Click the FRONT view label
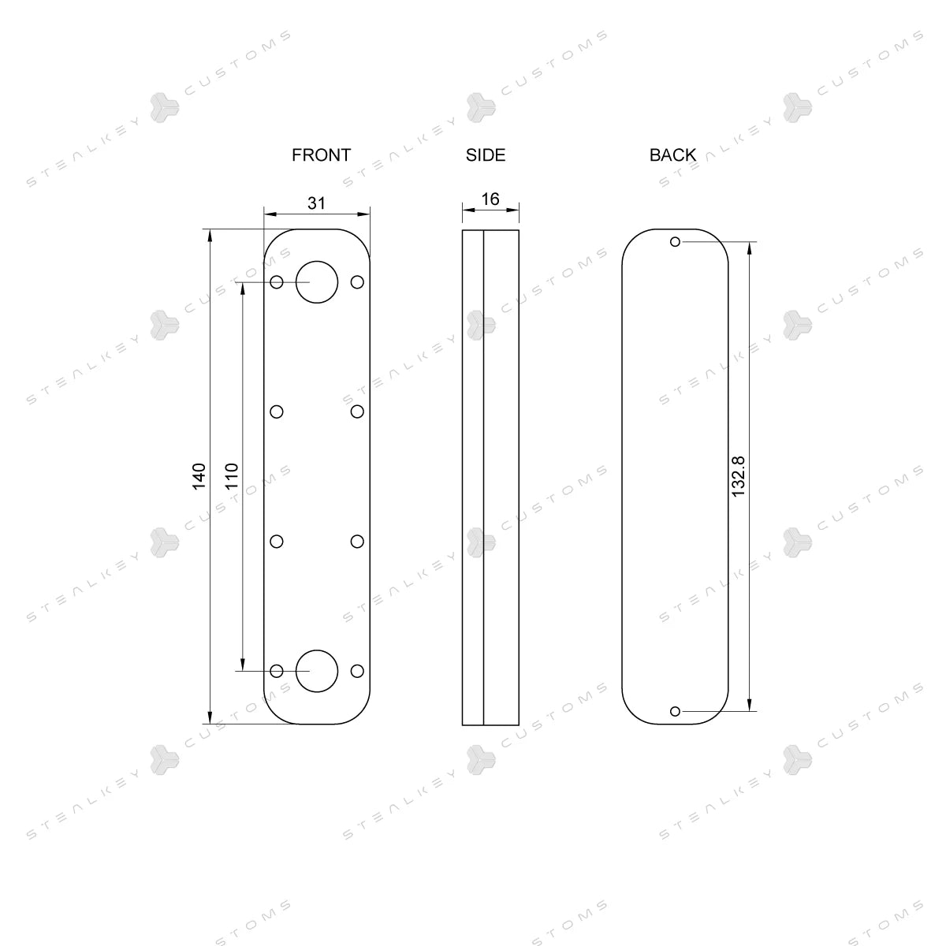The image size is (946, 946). [x=321, y=155]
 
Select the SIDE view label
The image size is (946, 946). [x=486, y=155]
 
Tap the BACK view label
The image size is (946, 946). [x=672, y=155]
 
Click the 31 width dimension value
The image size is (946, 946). [x=316, y=203]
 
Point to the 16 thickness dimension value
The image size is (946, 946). [x=490, y=199]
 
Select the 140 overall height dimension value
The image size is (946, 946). [x=199, y=476]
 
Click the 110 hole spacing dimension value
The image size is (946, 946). [x=232, y=476]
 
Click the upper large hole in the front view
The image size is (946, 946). [x=317, y=281]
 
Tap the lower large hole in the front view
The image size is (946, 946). [x=317, y=671]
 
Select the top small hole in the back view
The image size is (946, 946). [x=675, y=241]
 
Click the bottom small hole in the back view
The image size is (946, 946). [x=675, y=711]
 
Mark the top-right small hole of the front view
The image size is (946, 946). [x=357, y=281]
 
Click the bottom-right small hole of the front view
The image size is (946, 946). [x=357, y=671]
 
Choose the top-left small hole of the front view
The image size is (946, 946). [x=277, y=281]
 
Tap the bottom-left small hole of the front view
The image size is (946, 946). [x=277, y=671]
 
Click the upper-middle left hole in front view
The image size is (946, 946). [x=277, y=412]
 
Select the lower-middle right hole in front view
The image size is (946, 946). [x=357, y=541]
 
